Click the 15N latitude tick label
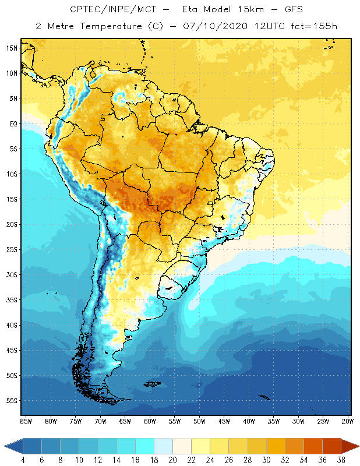click(x=11, y=48)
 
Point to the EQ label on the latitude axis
click(x=12, y=123)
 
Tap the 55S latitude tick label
click(x=11, y=401)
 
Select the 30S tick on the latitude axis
click(x=11, y=275)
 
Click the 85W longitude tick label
click(x=26, y=421)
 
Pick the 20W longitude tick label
click(x=347, y=421)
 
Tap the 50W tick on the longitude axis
click(x=199, y=421)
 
